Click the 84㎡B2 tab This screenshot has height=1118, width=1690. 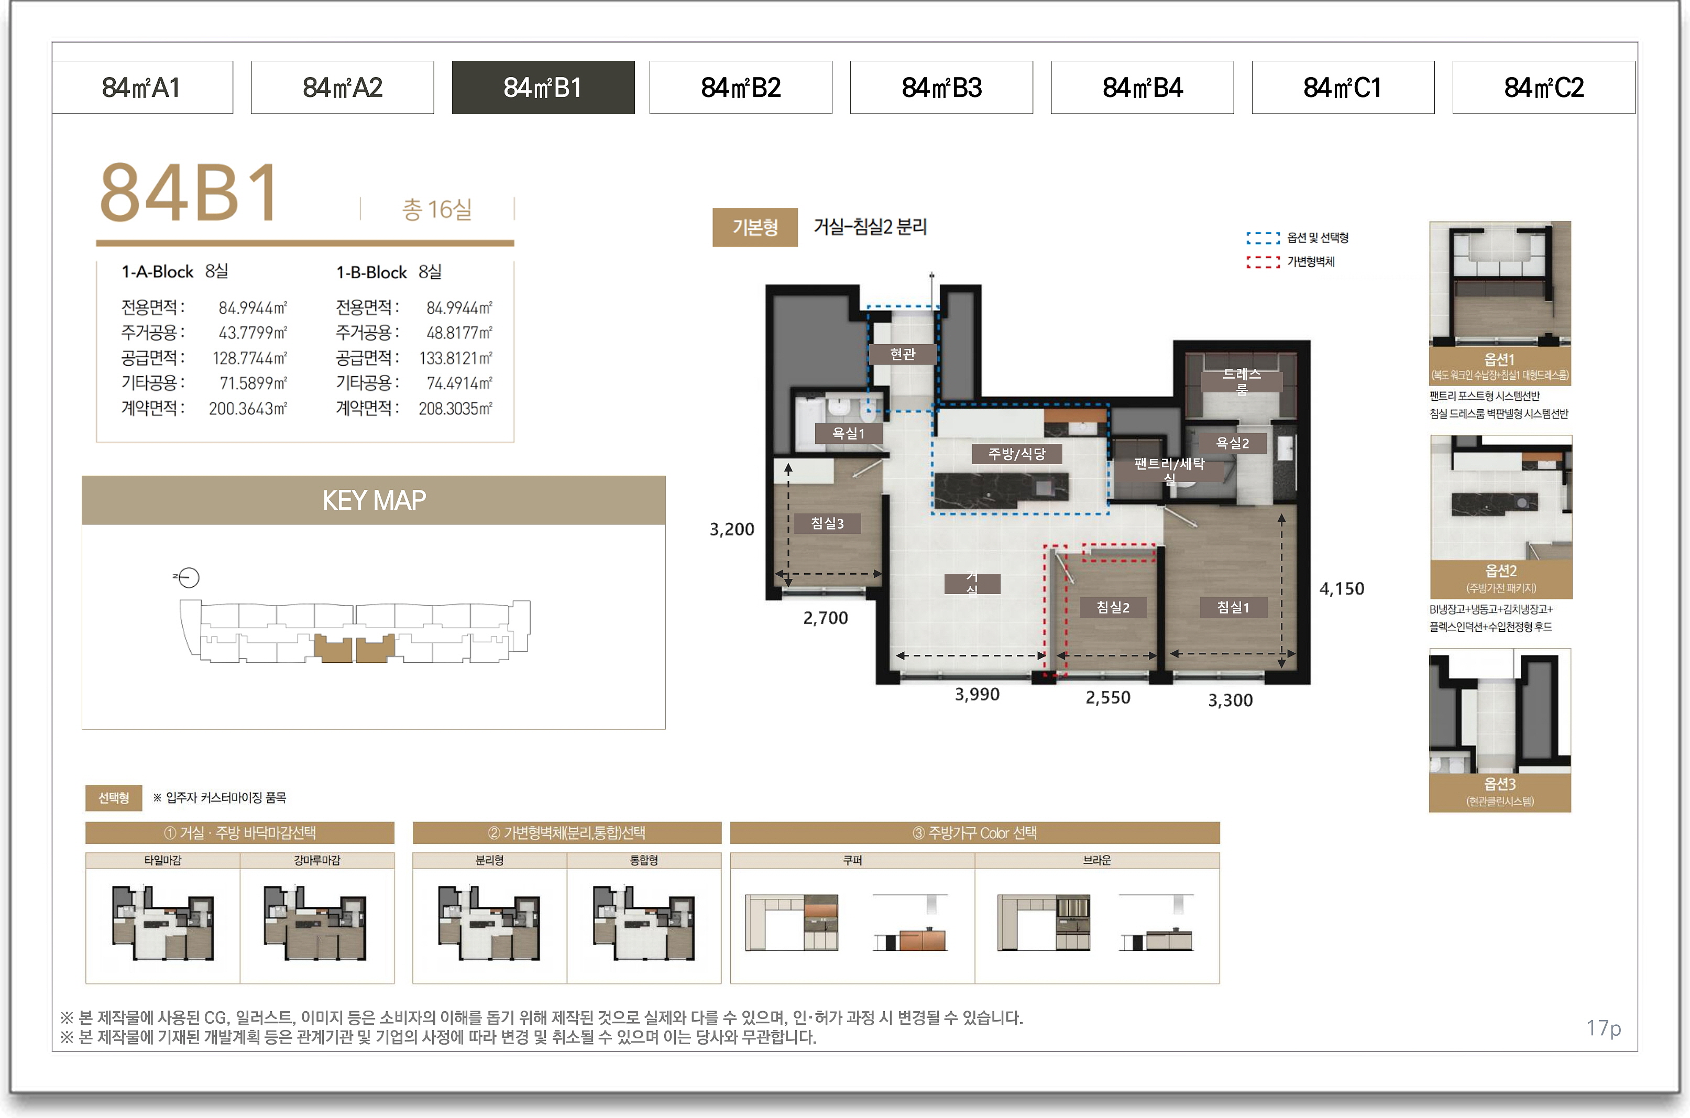point(741,87)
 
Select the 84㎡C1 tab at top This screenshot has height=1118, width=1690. point(1343,87)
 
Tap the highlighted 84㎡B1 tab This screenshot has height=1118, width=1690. point(543,87)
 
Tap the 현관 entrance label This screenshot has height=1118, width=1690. point(903,354)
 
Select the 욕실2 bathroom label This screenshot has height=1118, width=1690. point(1232,443)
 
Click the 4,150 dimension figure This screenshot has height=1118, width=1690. point(1342,589)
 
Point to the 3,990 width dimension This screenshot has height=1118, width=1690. point(977,695)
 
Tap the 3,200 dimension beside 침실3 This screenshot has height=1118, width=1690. point(731,529)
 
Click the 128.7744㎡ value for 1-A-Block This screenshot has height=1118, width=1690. point(249,358)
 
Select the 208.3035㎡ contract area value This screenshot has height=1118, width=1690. point(455,409)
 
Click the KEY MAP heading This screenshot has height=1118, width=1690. point(374,500)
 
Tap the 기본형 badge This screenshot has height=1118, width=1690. point(755,227)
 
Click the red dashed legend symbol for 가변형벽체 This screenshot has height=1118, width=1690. point(1263,261)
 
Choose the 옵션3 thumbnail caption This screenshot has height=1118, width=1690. point(1500,791)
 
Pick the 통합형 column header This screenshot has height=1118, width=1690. point(644,860)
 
